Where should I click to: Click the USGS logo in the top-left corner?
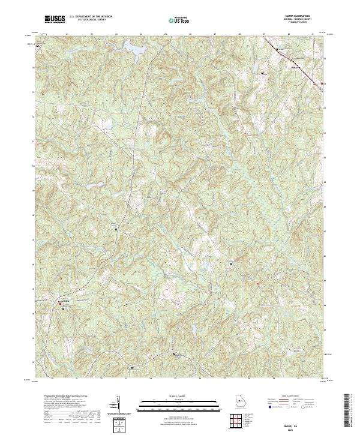tap(55, 19)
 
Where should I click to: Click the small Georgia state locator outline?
tap(239, 402)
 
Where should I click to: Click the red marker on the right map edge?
tap(323, 83)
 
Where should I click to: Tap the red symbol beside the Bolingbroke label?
tap(61, 304)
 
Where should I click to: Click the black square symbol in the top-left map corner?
tap(37, 46)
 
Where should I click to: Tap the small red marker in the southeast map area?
tap(258, 283)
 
